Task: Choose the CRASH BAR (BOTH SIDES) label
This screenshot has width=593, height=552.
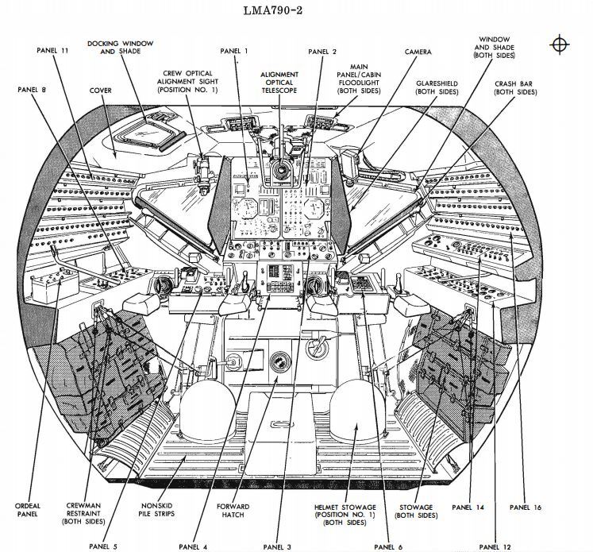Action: pos(514,87)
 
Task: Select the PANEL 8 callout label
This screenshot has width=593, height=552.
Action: pos(33,91)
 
